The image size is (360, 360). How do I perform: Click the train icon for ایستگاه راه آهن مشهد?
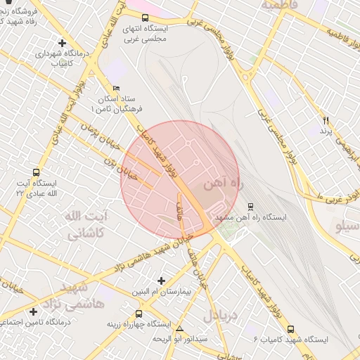(x=250, y=207)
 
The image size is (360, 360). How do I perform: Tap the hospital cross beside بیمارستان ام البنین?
(x=162, y=281)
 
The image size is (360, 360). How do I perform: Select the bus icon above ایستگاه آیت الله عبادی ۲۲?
(x=36, y=172)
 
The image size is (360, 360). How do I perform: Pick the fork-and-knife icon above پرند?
(x=326, y=120)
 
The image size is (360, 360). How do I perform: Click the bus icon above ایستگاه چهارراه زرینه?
(x=138, y=314)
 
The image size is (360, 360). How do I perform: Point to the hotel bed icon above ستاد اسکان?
(x=116, y=88)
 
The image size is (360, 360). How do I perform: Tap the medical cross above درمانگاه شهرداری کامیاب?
(x=63, y=43)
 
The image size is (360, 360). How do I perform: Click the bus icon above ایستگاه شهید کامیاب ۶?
(x=291, y=328)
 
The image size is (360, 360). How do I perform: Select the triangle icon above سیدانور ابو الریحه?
(x=180, y=328)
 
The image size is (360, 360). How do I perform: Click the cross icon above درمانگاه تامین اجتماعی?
(x=33, y=311)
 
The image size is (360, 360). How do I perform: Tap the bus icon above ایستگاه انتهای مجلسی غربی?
(x=145, y=18)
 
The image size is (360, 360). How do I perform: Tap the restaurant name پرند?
(x=325, y=131)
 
